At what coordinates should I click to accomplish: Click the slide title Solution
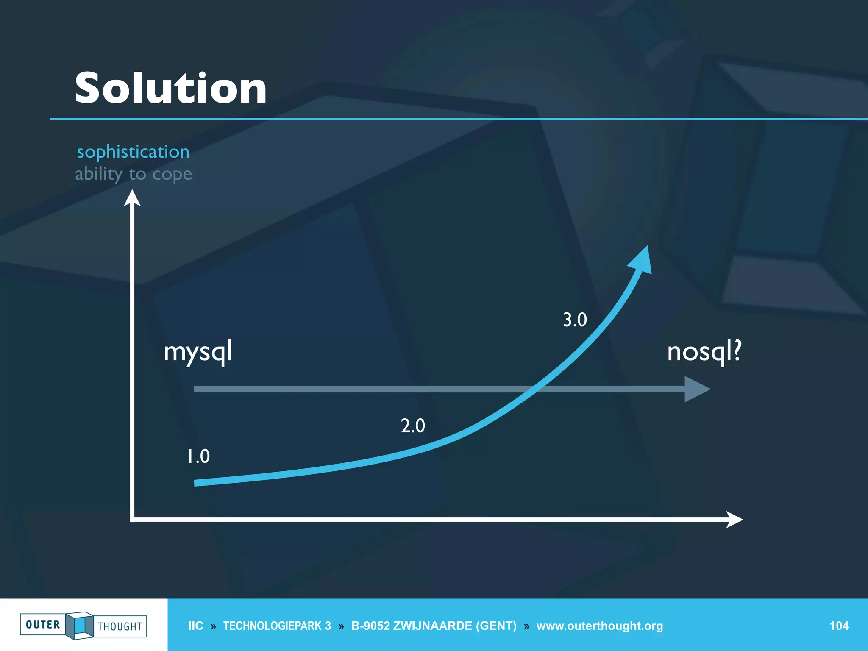(170, 88)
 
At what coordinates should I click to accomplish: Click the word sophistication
(133, 152)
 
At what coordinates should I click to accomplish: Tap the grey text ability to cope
(133, 174)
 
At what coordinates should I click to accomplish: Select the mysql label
(198, 352)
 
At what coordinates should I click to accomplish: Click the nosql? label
(704, 352)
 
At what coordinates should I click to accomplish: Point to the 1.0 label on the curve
(198, 456)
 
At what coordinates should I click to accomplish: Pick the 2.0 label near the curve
(412, 426)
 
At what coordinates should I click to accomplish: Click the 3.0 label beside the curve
(575, 320)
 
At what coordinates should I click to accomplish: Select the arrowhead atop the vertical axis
(132, 198)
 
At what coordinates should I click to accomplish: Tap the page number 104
(839, 626)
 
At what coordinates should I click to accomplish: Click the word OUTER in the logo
(43, 625)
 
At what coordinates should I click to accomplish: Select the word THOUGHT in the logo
(120, 626)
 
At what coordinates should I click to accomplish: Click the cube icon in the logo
(79, 625)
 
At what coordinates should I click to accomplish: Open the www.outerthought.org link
(599, 626)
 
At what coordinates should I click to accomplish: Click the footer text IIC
(195, 626)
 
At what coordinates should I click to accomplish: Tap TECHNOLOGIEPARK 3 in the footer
(277, 626)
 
